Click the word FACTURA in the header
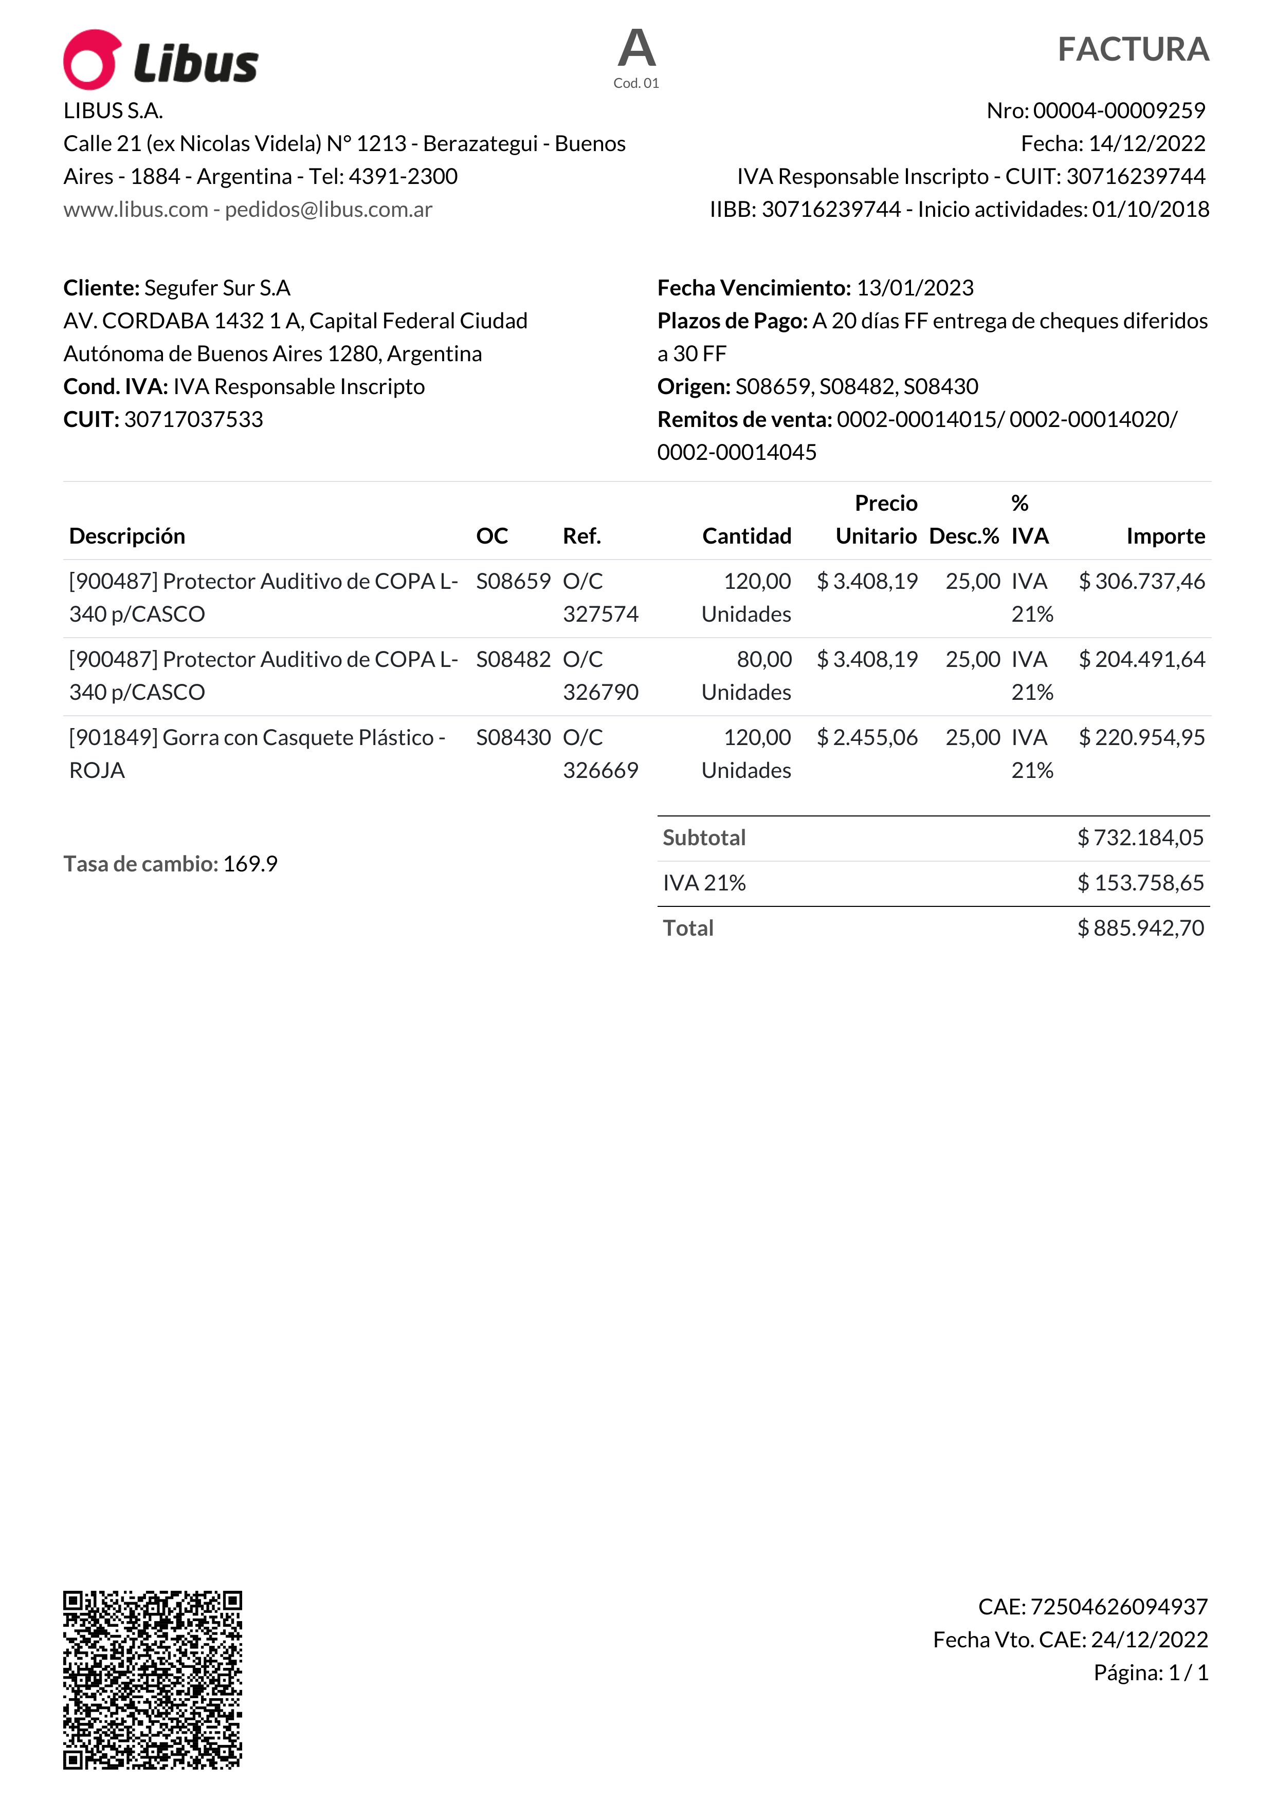(1132, 49)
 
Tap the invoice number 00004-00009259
(1119, 110)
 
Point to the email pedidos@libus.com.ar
(329, 210)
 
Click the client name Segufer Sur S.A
(217, 288)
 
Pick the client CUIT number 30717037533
(193, 419)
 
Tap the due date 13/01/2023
(915, 288)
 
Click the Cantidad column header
(746, 536)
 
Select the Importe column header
(1165, 536)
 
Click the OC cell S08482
(513, 660)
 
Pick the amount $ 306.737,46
(1141, 582)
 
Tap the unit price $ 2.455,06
(867, 738)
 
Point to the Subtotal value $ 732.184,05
(1140, 838)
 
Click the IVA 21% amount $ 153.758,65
(1140, 883)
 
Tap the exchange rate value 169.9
(250, 865)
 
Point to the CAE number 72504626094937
(1119, 1607)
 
